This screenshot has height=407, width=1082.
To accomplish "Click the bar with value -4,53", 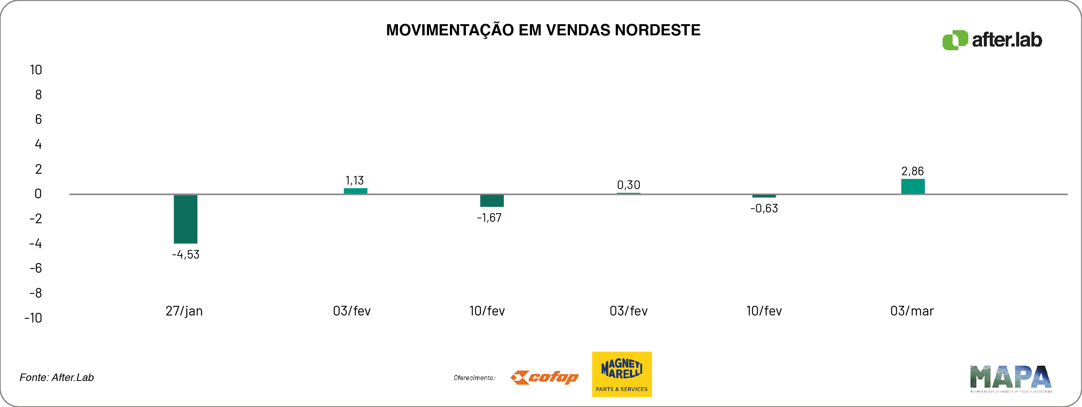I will (185, 219).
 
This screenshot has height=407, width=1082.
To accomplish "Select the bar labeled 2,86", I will (913, 186).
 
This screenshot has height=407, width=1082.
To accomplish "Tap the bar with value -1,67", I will (492, 201).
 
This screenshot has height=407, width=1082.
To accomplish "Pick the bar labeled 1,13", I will (355, 191).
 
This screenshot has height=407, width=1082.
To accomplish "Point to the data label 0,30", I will (628, 185).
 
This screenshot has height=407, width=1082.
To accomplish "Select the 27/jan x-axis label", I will (184, 311).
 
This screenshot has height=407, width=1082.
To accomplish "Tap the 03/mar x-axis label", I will (912, 311).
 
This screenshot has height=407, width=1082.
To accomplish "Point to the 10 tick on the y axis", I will (36, 70).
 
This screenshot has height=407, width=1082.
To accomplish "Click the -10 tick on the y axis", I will (33, 318).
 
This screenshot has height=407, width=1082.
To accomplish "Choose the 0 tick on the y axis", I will (38, 194).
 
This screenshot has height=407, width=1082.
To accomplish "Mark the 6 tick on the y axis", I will (38, 119).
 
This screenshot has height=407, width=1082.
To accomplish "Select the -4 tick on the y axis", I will (35, 243).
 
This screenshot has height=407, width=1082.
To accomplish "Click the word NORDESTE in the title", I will (657, 30).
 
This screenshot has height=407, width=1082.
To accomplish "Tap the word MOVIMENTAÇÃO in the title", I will (450, 30).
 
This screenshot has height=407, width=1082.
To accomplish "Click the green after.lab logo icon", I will (955, 40).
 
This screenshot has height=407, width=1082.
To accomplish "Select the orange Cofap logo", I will (544, 377).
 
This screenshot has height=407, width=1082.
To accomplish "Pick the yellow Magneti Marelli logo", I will (622, 374).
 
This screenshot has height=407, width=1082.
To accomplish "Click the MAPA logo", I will (1011, 378).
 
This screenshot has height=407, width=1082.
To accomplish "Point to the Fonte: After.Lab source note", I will (57, 378).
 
